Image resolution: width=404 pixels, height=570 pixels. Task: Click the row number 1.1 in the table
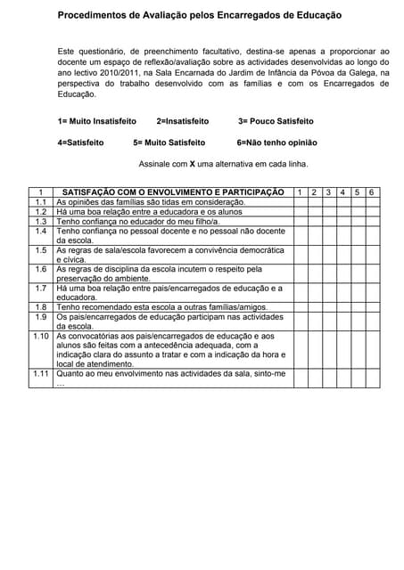tap(40, 202)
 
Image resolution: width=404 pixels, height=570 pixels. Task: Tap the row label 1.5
tap(40, 250)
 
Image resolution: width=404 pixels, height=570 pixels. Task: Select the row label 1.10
tap(40, 336)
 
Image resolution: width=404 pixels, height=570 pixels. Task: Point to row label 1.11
tap(40, 373)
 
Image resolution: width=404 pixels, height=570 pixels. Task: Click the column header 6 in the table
tap(371, 192)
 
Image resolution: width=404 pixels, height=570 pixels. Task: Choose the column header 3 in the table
tap(329, 192)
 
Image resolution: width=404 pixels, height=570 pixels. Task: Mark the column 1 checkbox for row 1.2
tap(301, 212)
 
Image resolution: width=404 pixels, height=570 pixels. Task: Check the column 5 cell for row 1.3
tap(357, 222)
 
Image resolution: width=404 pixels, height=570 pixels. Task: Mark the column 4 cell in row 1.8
tap(343, 306)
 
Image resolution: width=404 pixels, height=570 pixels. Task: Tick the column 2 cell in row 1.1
tap(315, 202)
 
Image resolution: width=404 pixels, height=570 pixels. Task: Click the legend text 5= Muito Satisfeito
tap(169, 142)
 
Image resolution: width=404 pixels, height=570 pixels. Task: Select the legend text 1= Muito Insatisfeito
tap(96, 121)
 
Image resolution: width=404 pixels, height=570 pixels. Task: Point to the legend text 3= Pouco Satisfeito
tap(276, 121)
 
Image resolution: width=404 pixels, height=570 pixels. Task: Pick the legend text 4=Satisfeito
tap(80, 142)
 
